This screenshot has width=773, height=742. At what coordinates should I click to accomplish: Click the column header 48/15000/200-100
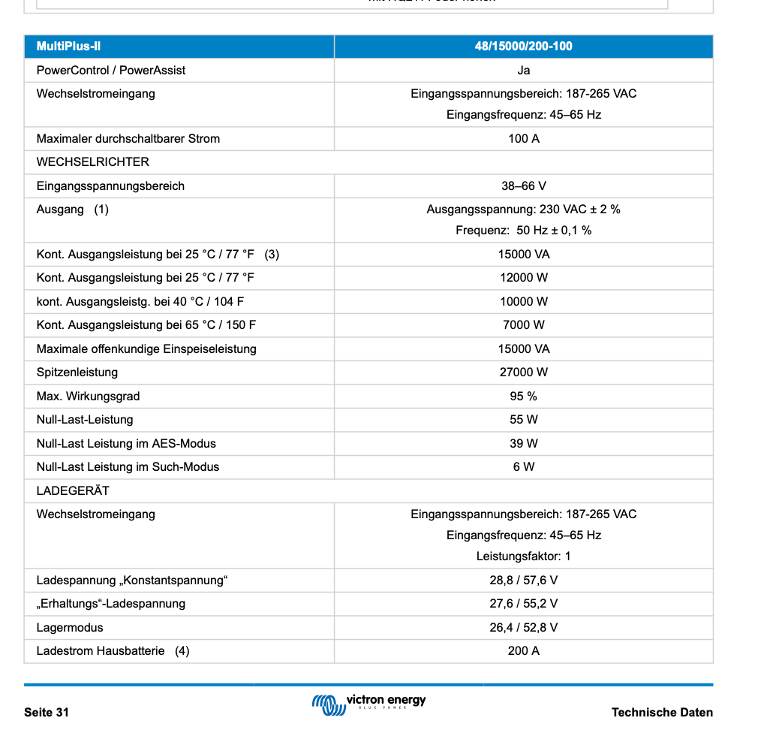[523, 47]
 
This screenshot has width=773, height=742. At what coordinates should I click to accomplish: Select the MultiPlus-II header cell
[68, 47]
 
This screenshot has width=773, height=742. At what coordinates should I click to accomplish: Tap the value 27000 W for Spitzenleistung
[523, 373]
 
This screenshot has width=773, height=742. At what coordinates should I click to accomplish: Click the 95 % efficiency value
[523, 397]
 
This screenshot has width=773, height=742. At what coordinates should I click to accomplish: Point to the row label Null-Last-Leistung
[85, 420]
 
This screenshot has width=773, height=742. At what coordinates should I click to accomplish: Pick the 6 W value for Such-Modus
[523, 467]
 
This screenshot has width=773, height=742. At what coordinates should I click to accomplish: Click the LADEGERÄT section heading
[73, 491]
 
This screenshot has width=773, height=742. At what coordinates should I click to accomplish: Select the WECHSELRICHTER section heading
[92, 162]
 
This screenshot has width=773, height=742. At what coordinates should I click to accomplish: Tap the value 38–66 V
[523, 186]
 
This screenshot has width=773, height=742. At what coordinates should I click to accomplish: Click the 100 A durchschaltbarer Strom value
[523, 139]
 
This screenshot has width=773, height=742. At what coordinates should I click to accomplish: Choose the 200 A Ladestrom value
[523, 651]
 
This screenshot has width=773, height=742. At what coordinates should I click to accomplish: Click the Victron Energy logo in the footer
[368, 703]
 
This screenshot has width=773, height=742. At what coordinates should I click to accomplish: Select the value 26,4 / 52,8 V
[523, 628]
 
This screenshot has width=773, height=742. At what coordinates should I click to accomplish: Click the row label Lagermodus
[70, 628]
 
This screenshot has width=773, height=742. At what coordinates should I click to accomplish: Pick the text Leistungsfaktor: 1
[523, 556]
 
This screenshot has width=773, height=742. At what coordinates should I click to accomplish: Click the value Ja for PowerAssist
[523, 71]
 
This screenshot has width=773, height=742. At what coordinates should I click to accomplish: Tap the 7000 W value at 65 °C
[523, 325]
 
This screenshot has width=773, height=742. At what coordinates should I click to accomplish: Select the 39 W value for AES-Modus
[523, 444]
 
